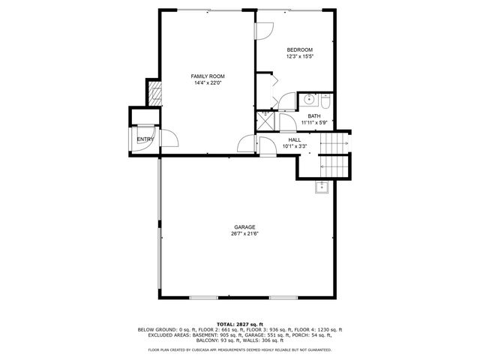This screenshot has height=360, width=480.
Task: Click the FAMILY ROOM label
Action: [x=207, y=76]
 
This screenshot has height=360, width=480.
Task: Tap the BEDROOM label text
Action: [x=299, y=49]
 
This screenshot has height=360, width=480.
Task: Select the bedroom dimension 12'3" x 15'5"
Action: [x=299, y=56]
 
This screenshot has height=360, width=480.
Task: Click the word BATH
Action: [x=313, y=116]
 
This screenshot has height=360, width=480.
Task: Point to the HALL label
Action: [x=295, y=139]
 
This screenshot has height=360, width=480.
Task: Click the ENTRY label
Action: [x=145, y=139]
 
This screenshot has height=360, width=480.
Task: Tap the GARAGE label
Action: [x=244, y=227]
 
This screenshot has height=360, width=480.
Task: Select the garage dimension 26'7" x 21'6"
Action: [x=244, y=234]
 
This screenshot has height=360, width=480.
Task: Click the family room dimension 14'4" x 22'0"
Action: [x=207, y=83]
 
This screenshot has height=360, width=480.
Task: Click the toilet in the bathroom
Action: [x=325, y=100]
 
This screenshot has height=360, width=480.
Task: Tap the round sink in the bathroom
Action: [x=309, y=100]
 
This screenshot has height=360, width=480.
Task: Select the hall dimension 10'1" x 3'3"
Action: [x=295, y=146]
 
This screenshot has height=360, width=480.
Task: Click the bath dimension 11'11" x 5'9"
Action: [x=313, y=123]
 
